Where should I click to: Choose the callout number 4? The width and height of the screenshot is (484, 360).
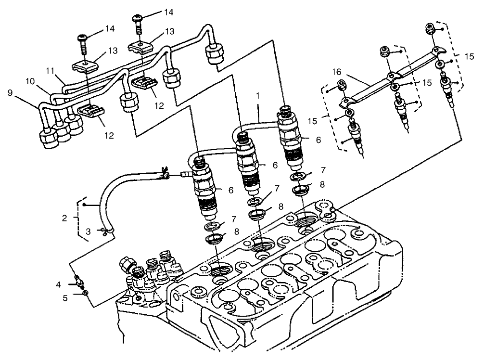58,284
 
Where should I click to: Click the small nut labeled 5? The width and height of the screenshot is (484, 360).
85,293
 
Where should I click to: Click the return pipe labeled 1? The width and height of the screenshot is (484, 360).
260,124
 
